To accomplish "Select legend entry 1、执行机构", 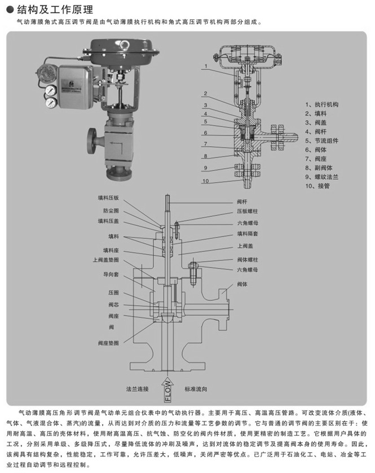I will pyautogui.click(x=323, y=104).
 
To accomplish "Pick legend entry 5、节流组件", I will pyautogui.click(x=323, y=141).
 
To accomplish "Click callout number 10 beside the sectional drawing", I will pyautogui.click(x=206, y=181).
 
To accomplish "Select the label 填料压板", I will pyautogui.click(x=108, y=199).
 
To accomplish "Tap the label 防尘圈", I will pyautogui.click(x=111, y=211).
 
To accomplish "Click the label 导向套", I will pyautogui.click(x=111, y=274).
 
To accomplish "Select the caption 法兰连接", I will pyautogui.click(x=138, y=389).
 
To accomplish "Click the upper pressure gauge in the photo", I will pyautogui.click(x=51, y=89).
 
